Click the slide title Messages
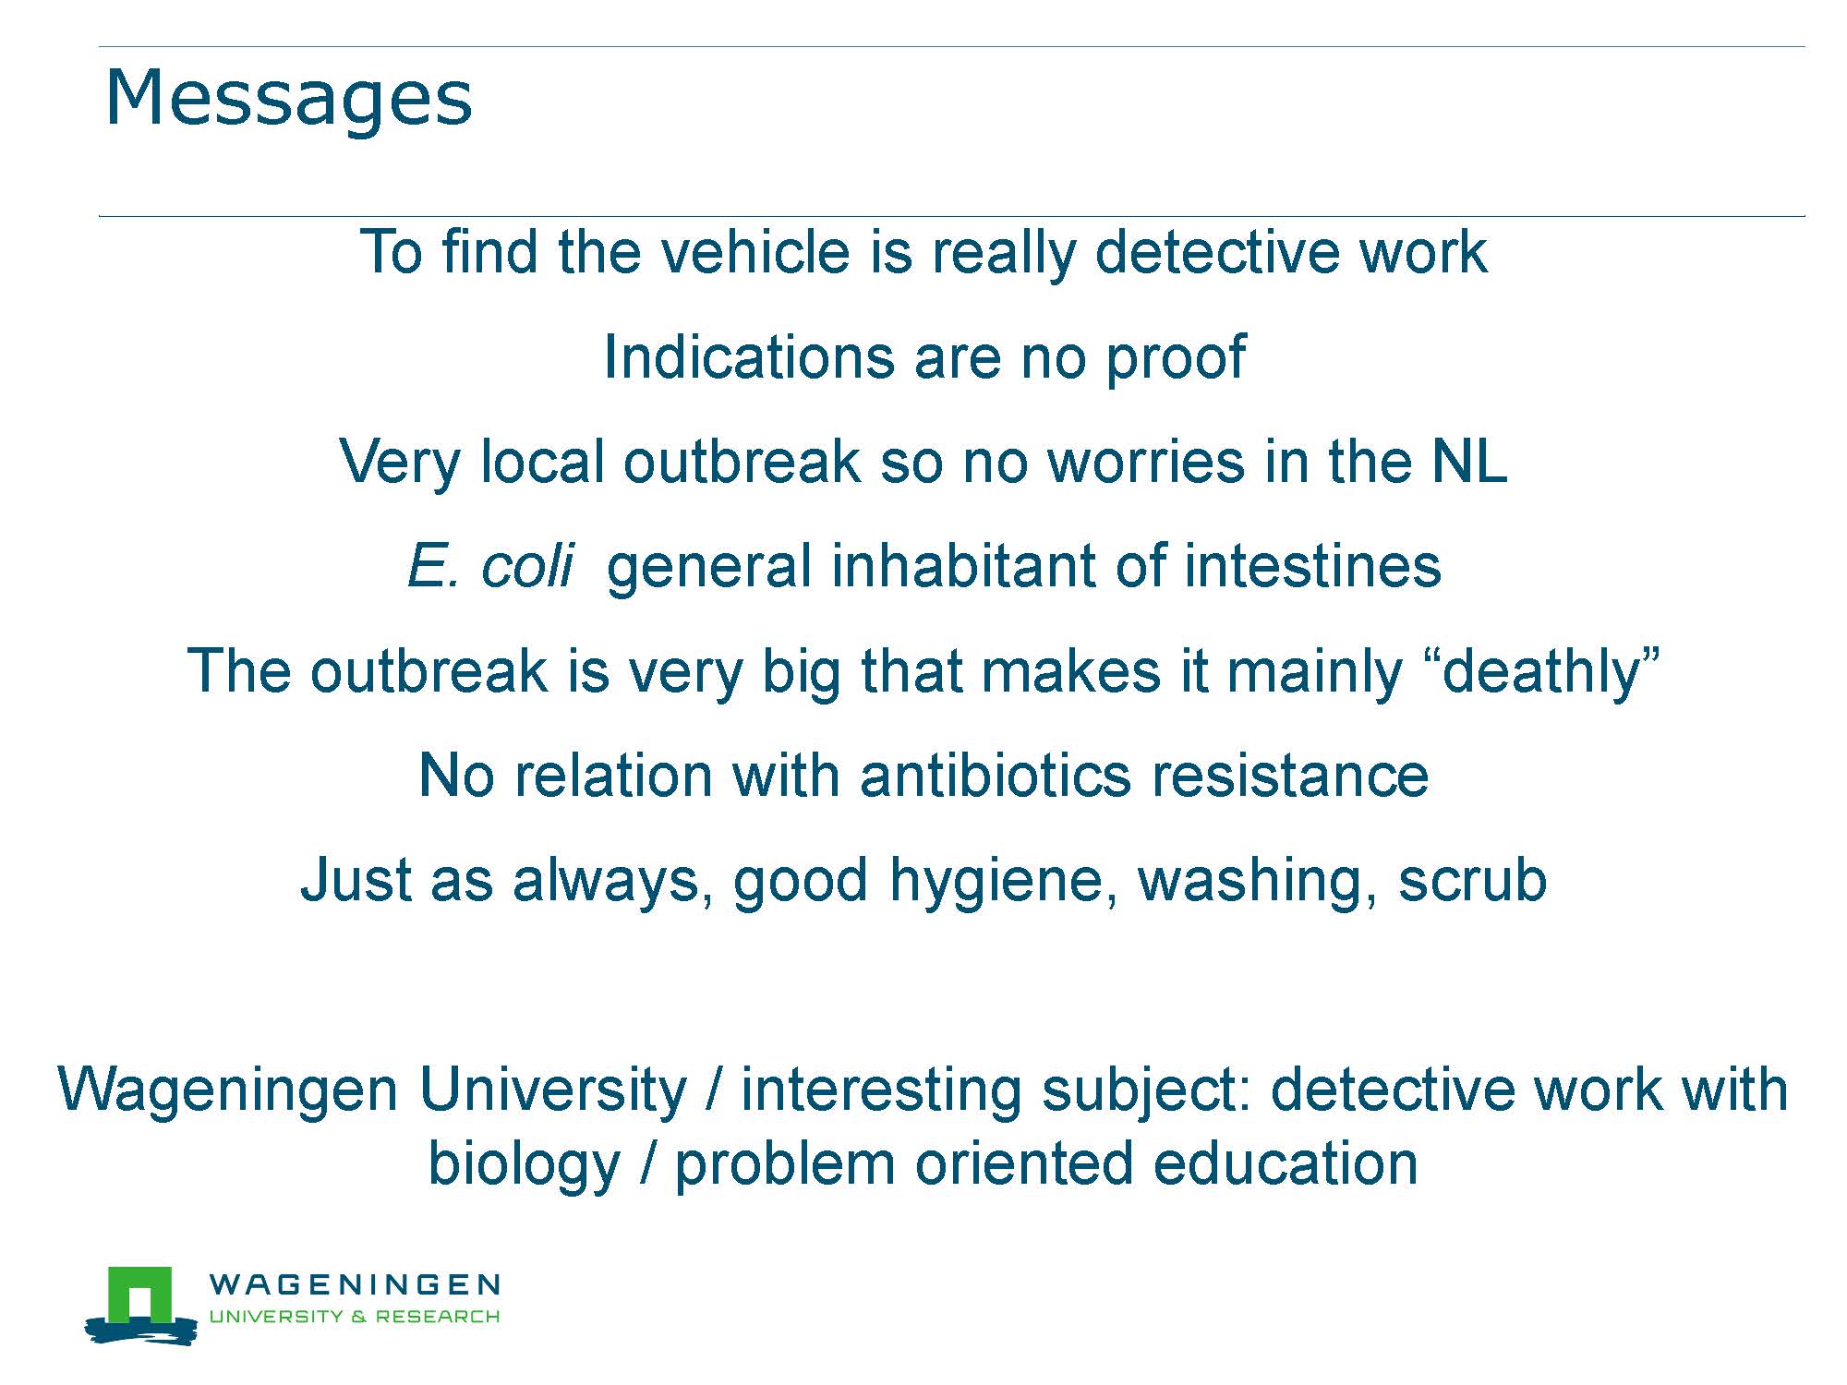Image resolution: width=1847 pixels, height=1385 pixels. (289, 99)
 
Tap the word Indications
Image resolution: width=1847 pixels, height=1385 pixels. (749, 356)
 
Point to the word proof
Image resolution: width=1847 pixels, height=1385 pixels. (1176, 360)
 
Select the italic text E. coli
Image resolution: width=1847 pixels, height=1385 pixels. (490, 565)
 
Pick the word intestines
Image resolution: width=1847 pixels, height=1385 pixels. (1312, 565)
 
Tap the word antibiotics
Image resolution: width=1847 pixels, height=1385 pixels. (996, 775)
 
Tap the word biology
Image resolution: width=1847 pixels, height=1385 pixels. (524, 1166)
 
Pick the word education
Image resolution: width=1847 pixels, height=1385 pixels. (1286, 1163)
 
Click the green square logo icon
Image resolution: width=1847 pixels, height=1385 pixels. (140, 1295)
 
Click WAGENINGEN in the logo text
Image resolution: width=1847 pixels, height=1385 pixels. (356, 1284)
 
